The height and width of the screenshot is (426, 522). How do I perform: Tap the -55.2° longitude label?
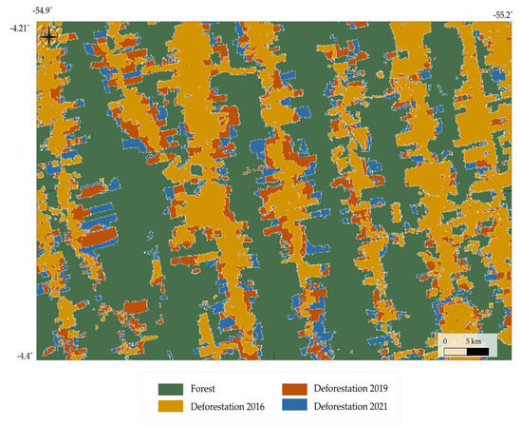(x=502, y=14)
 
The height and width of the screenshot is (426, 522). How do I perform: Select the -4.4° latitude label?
(x=23, y=356)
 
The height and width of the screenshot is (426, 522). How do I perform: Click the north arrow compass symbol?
(x=49, y=37)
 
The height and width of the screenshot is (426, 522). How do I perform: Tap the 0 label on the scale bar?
(x=444, y=340)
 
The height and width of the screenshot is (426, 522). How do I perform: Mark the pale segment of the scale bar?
(x=456, y=351)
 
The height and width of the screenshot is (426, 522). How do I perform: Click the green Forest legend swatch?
(x=170, y=389)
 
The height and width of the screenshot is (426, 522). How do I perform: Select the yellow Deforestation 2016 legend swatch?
(x=170, y=407)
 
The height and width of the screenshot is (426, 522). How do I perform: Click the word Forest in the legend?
(x=202, y=389)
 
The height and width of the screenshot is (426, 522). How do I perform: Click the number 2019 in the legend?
(x=377, y=389)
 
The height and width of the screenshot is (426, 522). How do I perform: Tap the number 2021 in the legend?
(x=377, y=407)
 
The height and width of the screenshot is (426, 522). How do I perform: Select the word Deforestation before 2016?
(x=214, y=407)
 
